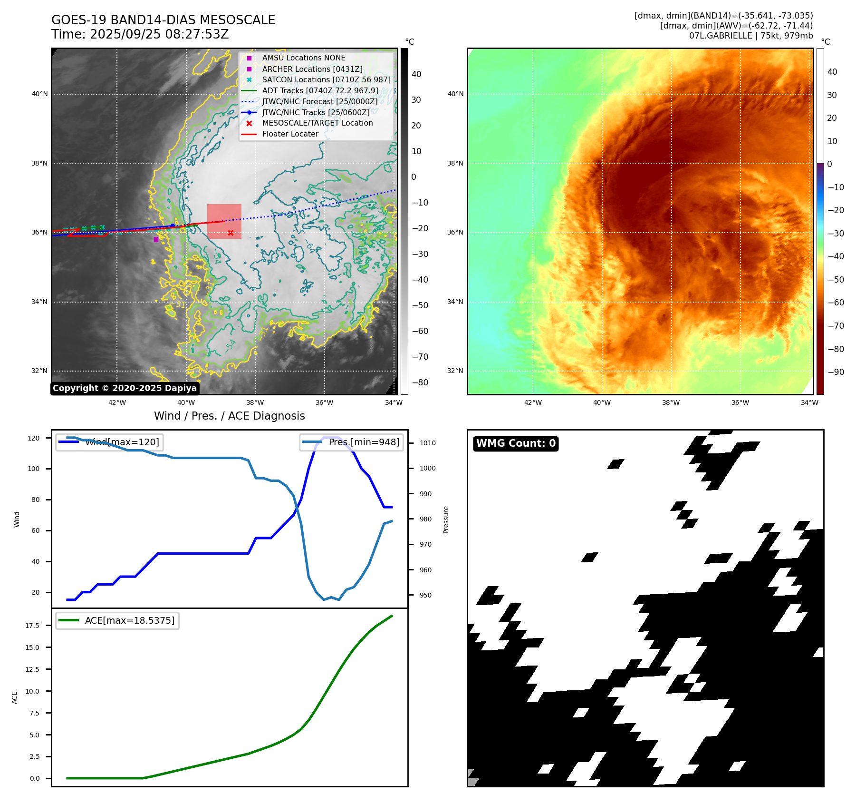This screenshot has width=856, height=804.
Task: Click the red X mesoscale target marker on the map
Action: click(x=231, y=233)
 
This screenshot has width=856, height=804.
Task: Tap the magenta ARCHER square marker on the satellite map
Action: click(x=156, y=239)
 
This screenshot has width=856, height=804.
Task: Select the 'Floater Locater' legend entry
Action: click(x=290, y=134)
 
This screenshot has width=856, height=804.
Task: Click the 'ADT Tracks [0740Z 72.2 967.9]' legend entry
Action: click(x=320, y=90)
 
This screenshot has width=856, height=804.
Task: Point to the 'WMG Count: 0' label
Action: click(x=516, y=443)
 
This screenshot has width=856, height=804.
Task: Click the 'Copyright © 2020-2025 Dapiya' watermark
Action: click(x=125, y=388)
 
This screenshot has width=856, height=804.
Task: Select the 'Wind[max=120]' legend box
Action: click(x=109, y=442)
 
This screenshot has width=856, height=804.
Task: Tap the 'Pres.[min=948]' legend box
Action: click(x=352, y=442)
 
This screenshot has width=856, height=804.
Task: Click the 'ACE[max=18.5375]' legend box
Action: click(x=117, y=620)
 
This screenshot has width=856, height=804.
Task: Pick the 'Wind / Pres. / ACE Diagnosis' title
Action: click(x=229, y=416)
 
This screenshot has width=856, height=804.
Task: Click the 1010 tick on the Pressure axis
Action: click(x=427, y=443)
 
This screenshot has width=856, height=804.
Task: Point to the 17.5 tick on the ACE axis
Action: click(x=32, y=626)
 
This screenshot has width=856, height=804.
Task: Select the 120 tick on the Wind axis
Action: click(x=34, y=438)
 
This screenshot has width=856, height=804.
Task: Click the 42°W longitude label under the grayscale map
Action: click(x=117, y=402)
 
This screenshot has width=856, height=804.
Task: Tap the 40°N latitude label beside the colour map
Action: click(x=455, y=94)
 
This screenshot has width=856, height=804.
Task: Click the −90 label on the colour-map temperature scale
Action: click(x=836, y=372)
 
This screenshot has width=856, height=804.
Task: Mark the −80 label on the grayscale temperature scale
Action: click(x=420, y=382)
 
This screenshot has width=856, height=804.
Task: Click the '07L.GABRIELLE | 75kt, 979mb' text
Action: click(x=750, y=36)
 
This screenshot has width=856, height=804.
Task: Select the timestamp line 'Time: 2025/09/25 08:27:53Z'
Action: click(x=140, y=34)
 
